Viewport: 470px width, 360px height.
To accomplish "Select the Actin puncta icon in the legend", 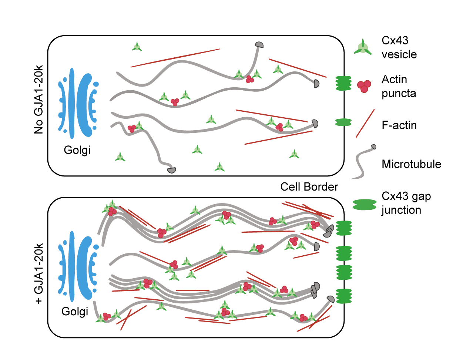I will point(364,86).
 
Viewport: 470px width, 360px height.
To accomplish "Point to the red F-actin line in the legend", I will point(365,123).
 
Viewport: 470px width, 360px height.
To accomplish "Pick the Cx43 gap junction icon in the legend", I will point(365,204).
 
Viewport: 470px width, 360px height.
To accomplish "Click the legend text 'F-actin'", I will point(399,125).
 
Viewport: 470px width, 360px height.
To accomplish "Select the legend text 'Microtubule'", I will point(411,164).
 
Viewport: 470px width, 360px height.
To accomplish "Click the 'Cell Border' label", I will point(309,186).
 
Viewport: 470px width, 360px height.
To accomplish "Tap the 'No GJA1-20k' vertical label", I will point(38,99).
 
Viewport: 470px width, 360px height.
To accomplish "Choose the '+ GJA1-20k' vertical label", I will point(38,273).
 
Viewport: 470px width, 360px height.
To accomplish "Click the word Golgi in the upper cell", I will point(77,150).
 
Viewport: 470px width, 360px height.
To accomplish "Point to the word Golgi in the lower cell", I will point(75,311).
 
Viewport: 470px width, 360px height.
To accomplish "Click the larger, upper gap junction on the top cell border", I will point(343,83).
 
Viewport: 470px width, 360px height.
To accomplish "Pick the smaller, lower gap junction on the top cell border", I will point(343,122).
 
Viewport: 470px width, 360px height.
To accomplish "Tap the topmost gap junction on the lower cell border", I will point(344,228).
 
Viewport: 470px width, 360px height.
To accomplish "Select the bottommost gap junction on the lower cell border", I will point(344,296).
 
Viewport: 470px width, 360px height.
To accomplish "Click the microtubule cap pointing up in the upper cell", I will point(259,45).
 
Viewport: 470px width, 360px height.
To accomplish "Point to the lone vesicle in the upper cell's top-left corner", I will point(137,47).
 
